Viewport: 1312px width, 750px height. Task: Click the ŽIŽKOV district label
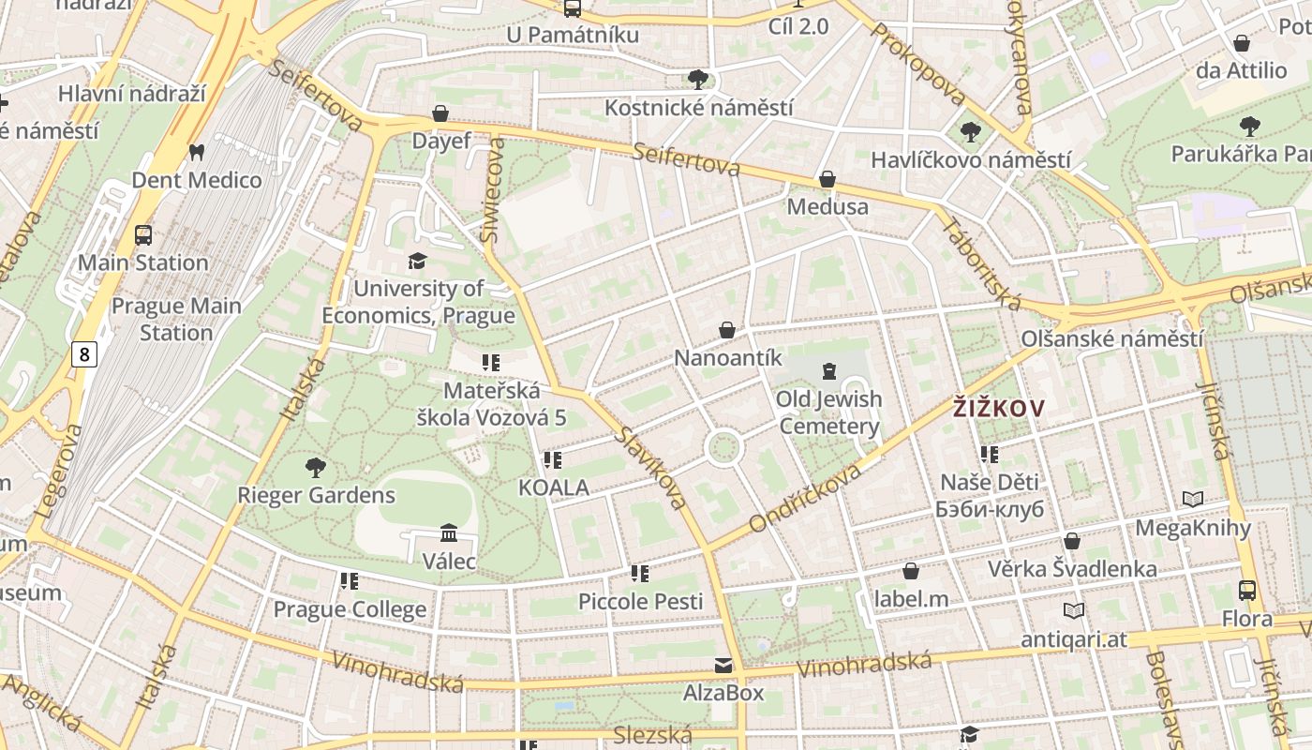998,409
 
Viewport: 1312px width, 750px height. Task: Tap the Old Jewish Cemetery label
829,412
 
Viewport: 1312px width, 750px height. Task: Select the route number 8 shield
85,354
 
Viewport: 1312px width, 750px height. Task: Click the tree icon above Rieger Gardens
316,467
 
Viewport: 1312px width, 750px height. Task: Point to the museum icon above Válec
449,532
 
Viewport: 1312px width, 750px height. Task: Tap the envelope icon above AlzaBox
723,666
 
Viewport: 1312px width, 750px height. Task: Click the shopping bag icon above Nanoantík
727,330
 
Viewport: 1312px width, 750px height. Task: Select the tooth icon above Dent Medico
197,152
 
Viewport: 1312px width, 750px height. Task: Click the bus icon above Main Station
143,234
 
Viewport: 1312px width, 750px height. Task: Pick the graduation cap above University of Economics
417,261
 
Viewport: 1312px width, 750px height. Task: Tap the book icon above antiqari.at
1074,610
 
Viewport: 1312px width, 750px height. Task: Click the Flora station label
1247,619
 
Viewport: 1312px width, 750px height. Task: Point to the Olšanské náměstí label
1111,338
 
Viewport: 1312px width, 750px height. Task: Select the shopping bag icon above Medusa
827,178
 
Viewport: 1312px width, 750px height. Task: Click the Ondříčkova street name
806,497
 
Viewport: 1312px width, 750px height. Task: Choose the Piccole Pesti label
640,601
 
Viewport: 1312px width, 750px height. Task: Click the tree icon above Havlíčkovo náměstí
971,132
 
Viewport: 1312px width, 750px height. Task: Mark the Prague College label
350,609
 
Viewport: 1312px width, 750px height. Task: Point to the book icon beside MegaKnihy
1192,500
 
